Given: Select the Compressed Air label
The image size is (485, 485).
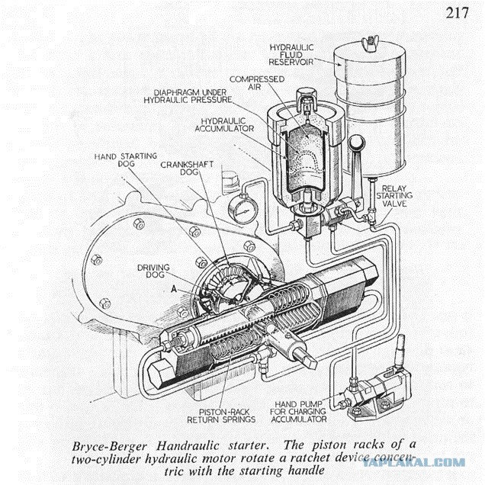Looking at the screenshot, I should pos(257,83).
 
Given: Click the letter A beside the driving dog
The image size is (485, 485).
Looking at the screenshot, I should pos(176,290).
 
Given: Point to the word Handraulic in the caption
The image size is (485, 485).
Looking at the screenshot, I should pos(176,442).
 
